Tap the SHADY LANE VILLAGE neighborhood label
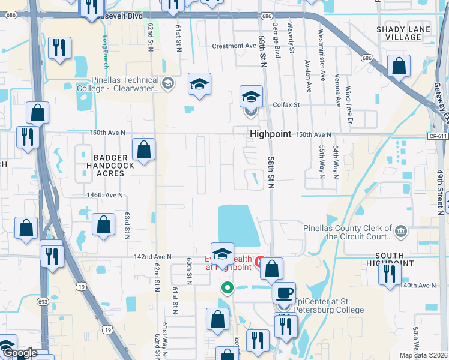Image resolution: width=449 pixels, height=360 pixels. (x=399, y=33)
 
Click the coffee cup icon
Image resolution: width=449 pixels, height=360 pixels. (x=284, y=293)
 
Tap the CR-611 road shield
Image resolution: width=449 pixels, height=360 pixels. (x=438, y=137)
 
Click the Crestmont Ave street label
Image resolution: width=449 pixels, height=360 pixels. (x=234, y=46)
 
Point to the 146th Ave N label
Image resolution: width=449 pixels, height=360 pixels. (x=104, y=195)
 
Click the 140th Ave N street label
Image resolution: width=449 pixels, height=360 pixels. (x=418, y=285)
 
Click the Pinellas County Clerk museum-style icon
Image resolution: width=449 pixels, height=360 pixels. (x=400, y=230)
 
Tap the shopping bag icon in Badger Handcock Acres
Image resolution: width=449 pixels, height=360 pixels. (x=144, y=149)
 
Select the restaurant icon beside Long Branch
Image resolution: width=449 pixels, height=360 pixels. (x=59, y=48)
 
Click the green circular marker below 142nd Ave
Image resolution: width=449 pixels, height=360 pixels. (x=227, y=287)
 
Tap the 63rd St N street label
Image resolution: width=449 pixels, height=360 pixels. (x=127, y=225)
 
